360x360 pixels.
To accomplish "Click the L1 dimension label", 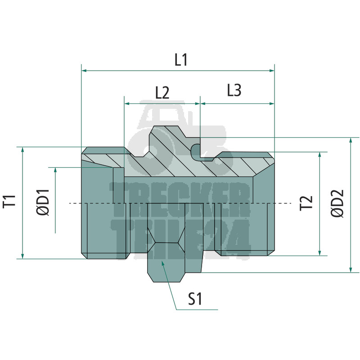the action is tap(181, 60).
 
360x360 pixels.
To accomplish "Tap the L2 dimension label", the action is tap(162, 93).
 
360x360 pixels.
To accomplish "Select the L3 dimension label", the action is tap(234, 90).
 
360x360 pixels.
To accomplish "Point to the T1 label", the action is tap(9, 201).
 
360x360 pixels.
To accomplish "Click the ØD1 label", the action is tap(43, 202).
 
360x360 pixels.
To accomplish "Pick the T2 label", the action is tap(306, 203).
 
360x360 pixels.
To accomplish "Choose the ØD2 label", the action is tap(337, 203).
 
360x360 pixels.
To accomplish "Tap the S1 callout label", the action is tap(195, 299).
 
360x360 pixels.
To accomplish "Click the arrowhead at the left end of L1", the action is tap(84, 71).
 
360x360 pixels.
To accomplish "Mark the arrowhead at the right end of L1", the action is tap(272, 71).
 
